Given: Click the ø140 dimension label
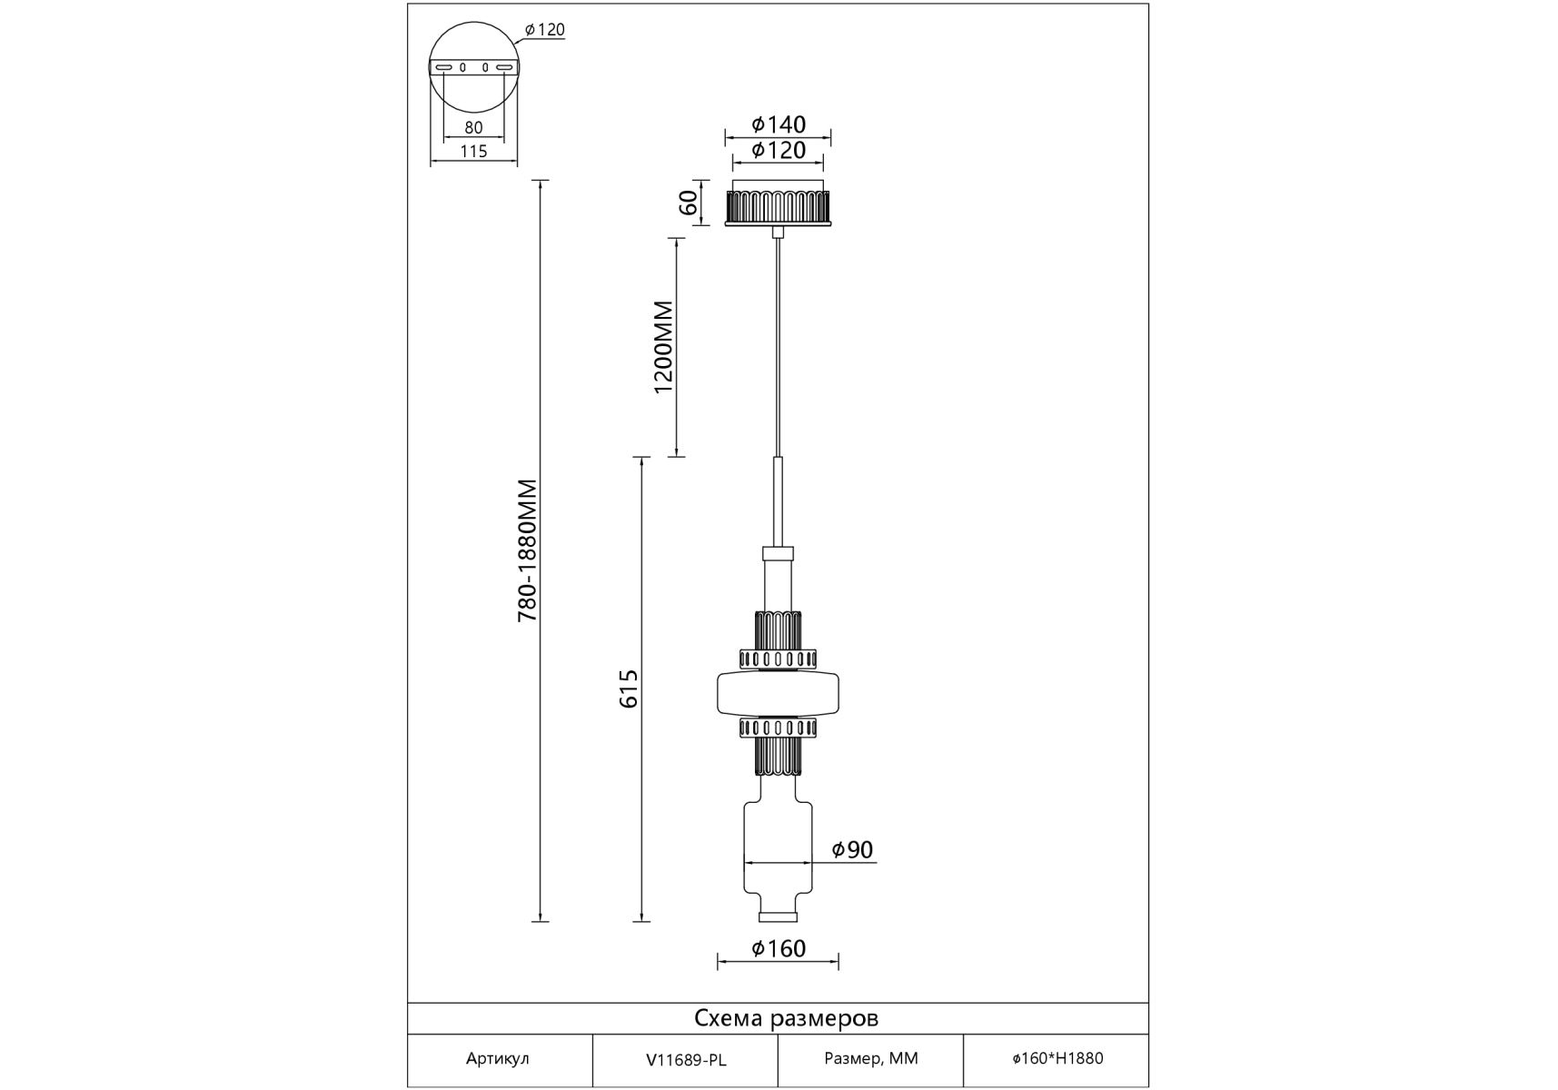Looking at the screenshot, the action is (x=779, y=124).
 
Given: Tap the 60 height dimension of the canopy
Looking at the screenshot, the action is (x=689, y=202).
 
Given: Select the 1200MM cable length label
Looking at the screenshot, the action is (x=664, y=347).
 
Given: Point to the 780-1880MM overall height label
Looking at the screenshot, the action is (x=528, y=550).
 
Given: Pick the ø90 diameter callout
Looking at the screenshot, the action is (x=852, y=849).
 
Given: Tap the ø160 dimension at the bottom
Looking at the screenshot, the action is (x=779, y=948).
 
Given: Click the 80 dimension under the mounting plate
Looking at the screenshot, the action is (x=473, y=128).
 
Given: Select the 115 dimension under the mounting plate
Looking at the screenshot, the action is (x=473, y=152).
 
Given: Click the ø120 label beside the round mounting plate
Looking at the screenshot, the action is (x=545, y=30).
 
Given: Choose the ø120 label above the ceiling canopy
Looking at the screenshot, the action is (x=779, y=150).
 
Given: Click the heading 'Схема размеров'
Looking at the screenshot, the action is (x=786, y=1018).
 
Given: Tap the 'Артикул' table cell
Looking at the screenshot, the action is (x=497, y=1059).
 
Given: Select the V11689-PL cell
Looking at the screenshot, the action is (x=686, y=1060).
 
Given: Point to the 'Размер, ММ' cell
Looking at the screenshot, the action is (x=871, y=1059).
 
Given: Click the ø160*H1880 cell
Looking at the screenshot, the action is (x=1057, y=1059).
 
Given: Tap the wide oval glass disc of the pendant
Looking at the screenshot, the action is (x=779, y=695).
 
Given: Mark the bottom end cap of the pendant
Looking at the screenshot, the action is (x=779, y=917).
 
